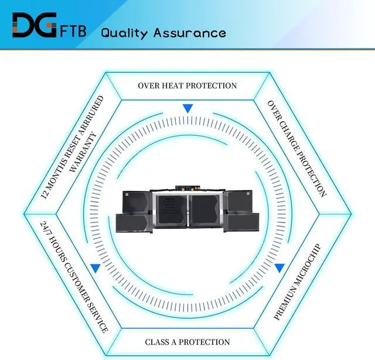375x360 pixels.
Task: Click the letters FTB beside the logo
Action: (x=73, y=30)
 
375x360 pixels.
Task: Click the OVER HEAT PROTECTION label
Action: (x=187, y=85)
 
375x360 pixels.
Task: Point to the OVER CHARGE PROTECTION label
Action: (x=296, y=148)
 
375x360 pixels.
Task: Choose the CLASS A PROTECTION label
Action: (x=187, y=342)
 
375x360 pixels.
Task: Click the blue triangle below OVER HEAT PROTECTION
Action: (x=187, y=108)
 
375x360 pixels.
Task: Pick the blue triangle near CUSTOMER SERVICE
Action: (x=95, y=268)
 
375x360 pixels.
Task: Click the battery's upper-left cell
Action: (x=137, y=201)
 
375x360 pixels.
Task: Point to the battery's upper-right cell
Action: (x=240, y=201)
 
